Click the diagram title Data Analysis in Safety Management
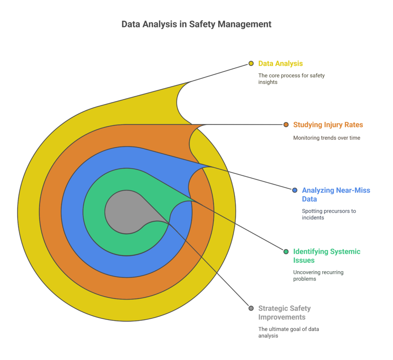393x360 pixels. pyautogui.click(x=196, y=24)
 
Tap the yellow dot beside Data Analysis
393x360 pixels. pyautogui.click(x=251, y=63)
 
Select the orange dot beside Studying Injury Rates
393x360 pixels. pyautogui.click(x=286, y=125)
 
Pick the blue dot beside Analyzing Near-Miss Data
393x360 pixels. pyautogui.click(x=295, y=190)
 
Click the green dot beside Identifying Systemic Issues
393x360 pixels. pyautogui.click(x=286, y=252)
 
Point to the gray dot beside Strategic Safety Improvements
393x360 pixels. pyautogui.click(x=251, y=308)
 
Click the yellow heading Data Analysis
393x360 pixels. pyautogui.click(x=281, y=64)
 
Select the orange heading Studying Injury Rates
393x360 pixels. pyautogui.click(x=328, y=125)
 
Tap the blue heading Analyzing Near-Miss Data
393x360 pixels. pyautogui.click(x=336, y=195)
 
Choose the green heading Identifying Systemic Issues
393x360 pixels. pyautogui.click(x=327, y=256)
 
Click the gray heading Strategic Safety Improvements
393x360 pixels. pyautogui.click(x=284, y=313)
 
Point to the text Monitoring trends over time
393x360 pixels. pyautogui.click(x=327, y=138)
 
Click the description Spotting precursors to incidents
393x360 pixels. pyautogui.click(x=329, y=214)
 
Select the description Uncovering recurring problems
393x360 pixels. pyautogui.click(x=318, y=275)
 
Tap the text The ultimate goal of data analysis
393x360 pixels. pyautogui.click(x=289, y=332)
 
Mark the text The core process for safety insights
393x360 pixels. pyautogui.click(x=292, y=79)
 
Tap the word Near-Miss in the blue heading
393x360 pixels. pyautogui.click(x=353, y=191)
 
